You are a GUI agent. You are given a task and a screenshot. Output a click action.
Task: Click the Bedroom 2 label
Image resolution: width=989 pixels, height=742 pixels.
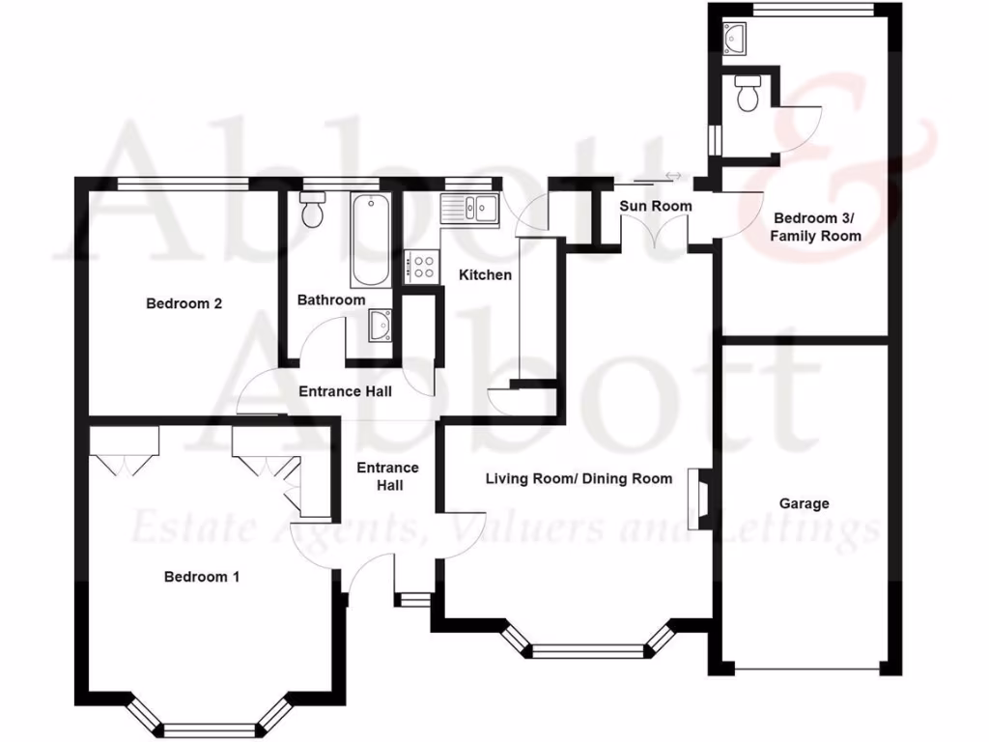[x=184, y=303]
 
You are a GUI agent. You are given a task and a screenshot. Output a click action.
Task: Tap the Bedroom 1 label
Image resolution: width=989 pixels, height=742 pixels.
[x=202, y=577]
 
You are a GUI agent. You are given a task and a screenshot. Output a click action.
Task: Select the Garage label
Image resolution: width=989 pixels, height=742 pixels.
[x=805, y=503]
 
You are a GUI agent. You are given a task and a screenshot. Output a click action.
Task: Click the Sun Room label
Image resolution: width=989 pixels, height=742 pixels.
[x=656, y=206]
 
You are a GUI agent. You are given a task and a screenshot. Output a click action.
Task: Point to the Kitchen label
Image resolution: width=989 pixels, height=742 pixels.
[x=485, y=275]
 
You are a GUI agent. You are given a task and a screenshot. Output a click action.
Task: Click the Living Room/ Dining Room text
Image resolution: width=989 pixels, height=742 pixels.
[x=579, y=478]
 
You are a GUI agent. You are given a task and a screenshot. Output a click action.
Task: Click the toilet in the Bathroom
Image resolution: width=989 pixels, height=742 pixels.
[x=311, y=210]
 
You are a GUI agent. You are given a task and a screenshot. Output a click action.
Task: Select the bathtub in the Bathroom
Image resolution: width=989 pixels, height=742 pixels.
[x=369, y=241]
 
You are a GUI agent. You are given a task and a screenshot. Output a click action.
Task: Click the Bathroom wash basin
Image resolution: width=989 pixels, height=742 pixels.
[x=381, y=326]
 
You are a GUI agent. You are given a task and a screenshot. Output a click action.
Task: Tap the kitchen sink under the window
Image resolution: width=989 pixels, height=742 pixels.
[x=468, y=206]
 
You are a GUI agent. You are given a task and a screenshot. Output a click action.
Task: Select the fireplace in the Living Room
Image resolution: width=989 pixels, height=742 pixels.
[x=698, y=499]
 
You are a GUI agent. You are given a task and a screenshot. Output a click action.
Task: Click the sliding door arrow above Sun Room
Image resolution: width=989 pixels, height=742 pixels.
[x=673, y=176]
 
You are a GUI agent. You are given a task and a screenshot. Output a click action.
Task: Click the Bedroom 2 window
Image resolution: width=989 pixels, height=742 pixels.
[x=184, y=182]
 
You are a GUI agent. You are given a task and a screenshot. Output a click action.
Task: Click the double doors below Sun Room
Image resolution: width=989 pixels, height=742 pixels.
[x=654, y=232]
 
